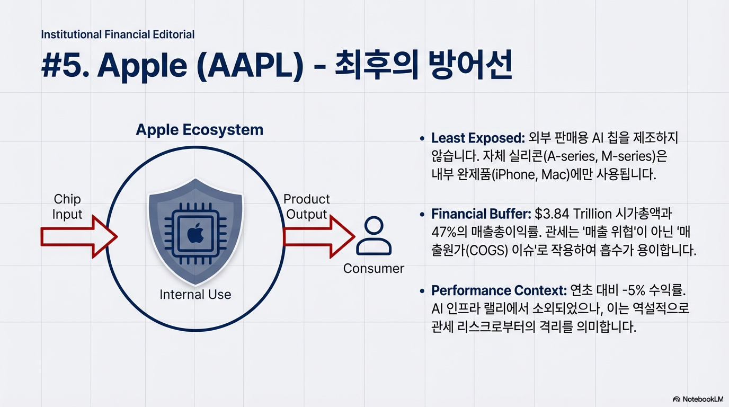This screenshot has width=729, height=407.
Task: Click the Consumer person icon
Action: pyautogui.click(x=374, y=236)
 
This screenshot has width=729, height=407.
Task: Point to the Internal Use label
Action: pyautogui.click(x=195, y=294)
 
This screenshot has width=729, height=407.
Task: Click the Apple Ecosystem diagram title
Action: pyautogui.click(x=199, y=130)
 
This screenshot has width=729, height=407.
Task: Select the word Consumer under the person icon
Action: pyautogui.click(x=374, y=268)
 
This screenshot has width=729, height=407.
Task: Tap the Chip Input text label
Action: pyautogui.click(x=67, y=207)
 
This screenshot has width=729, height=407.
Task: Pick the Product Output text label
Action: pyautogui.click(x=307, y=207)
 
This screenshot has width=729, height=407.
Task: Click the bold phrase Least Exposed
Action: pyautogui.click(x=477, y=138)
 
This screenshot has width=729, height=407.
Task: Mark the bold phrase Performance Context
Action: pyautogui.click(x=499, y=290)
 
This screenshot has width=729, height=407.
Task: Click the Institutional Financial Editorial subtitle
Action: pyautogui.click(x=118, y=35)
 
